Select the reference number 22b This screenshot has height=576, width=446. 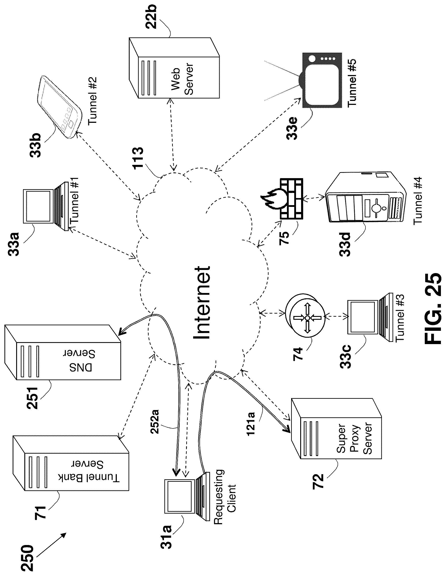(151, 16)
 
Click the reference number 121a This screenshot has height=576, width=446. (251, 424)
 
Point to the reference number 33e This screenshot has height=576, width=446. (292, 128)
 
